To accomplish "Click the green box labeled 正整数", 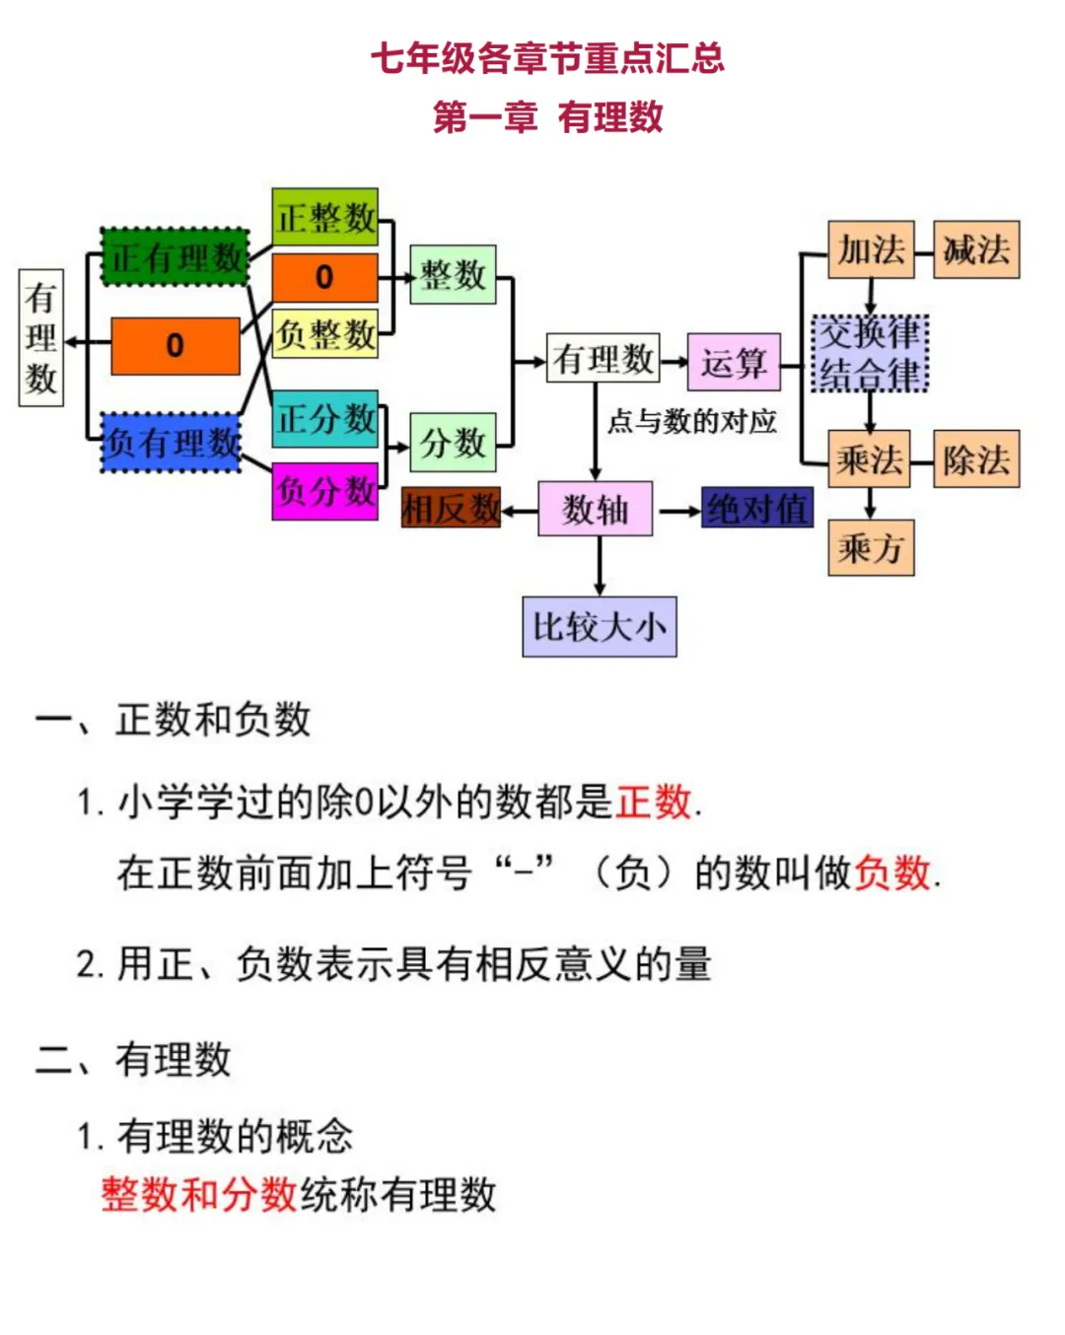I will pos(324,217).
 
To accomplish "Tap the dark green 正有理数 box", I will pos(175,257).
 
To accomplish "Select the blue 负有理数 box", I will pos(172,442).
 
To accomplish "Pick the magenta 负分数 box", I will pos(324,490).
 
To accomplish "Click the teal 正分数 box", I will pos(324,419).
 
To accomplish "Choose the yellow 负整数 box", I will pos(324,333).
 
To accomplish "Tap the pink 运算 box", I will pos(733,363).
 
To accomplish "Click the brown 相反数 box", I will pos(451,509).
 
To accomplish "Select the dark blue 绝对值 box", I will pos(757,509).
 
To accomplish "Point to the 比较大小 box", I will pos(599,626).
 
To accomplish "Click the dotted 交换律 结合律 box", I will pos(870,353).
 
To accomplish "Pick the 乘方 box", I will pos(870,547).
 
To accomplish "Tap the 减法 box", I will pos(975,249).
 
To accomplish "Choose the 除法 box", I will pos(975,459).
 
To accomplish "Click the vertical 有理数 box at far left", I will pos(41,337).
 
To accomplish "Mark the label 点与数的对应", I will pos(691,422).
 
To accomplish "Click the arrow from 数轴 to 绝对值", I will pos(678,511).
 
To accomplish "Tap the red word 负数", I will pos(892,873).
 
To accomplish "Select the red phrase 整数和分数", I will pos(199,1194).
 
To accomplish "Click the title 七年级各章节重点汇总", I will pos(547,58).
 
